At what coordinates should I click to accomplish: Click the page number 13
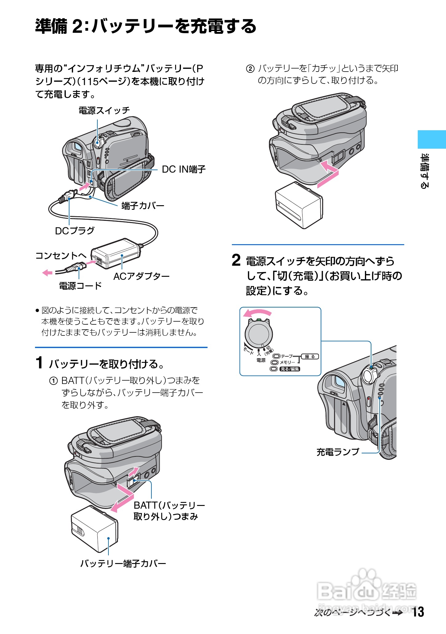click(x=418, y=612)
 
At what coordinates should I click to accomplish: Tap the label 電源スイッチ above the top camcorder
click(x=104, y=111)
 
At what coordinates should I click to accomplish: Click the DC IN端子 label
click(x=183, y=169)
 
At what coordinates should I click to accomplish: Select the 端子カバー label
click(x=143, y=205)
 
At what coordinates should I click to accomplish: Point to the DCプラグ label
click(x=75, y=231)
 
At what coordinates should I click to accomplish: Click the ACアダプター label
click(x=141, y=276)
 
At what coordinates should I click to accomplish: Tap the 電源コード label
click(x=80, y=286)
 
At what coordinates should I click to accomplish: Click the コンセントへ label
click(x=61, y=256)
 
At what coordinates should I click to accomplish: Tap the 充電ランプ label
click(x=338, y=452)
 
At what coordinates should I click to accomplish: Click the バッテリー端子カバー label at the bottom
click(x=123, y=563)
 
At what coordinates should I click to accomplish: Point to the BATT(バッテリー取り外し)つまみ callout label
click(x=169, y=511)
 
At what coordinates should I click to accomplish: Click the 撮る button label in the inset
click(x=310, y=357)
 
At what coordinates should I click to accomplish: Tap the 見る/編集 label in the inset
click(x=289, y=369)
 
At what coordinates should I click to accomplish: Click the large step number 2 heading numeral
click(x=236, y=260)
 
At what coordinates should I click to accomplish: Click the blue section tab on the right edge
click(x=431, y=139)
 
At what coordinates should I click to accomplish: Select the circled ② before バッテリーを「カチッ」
click(x=250, y=69)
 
